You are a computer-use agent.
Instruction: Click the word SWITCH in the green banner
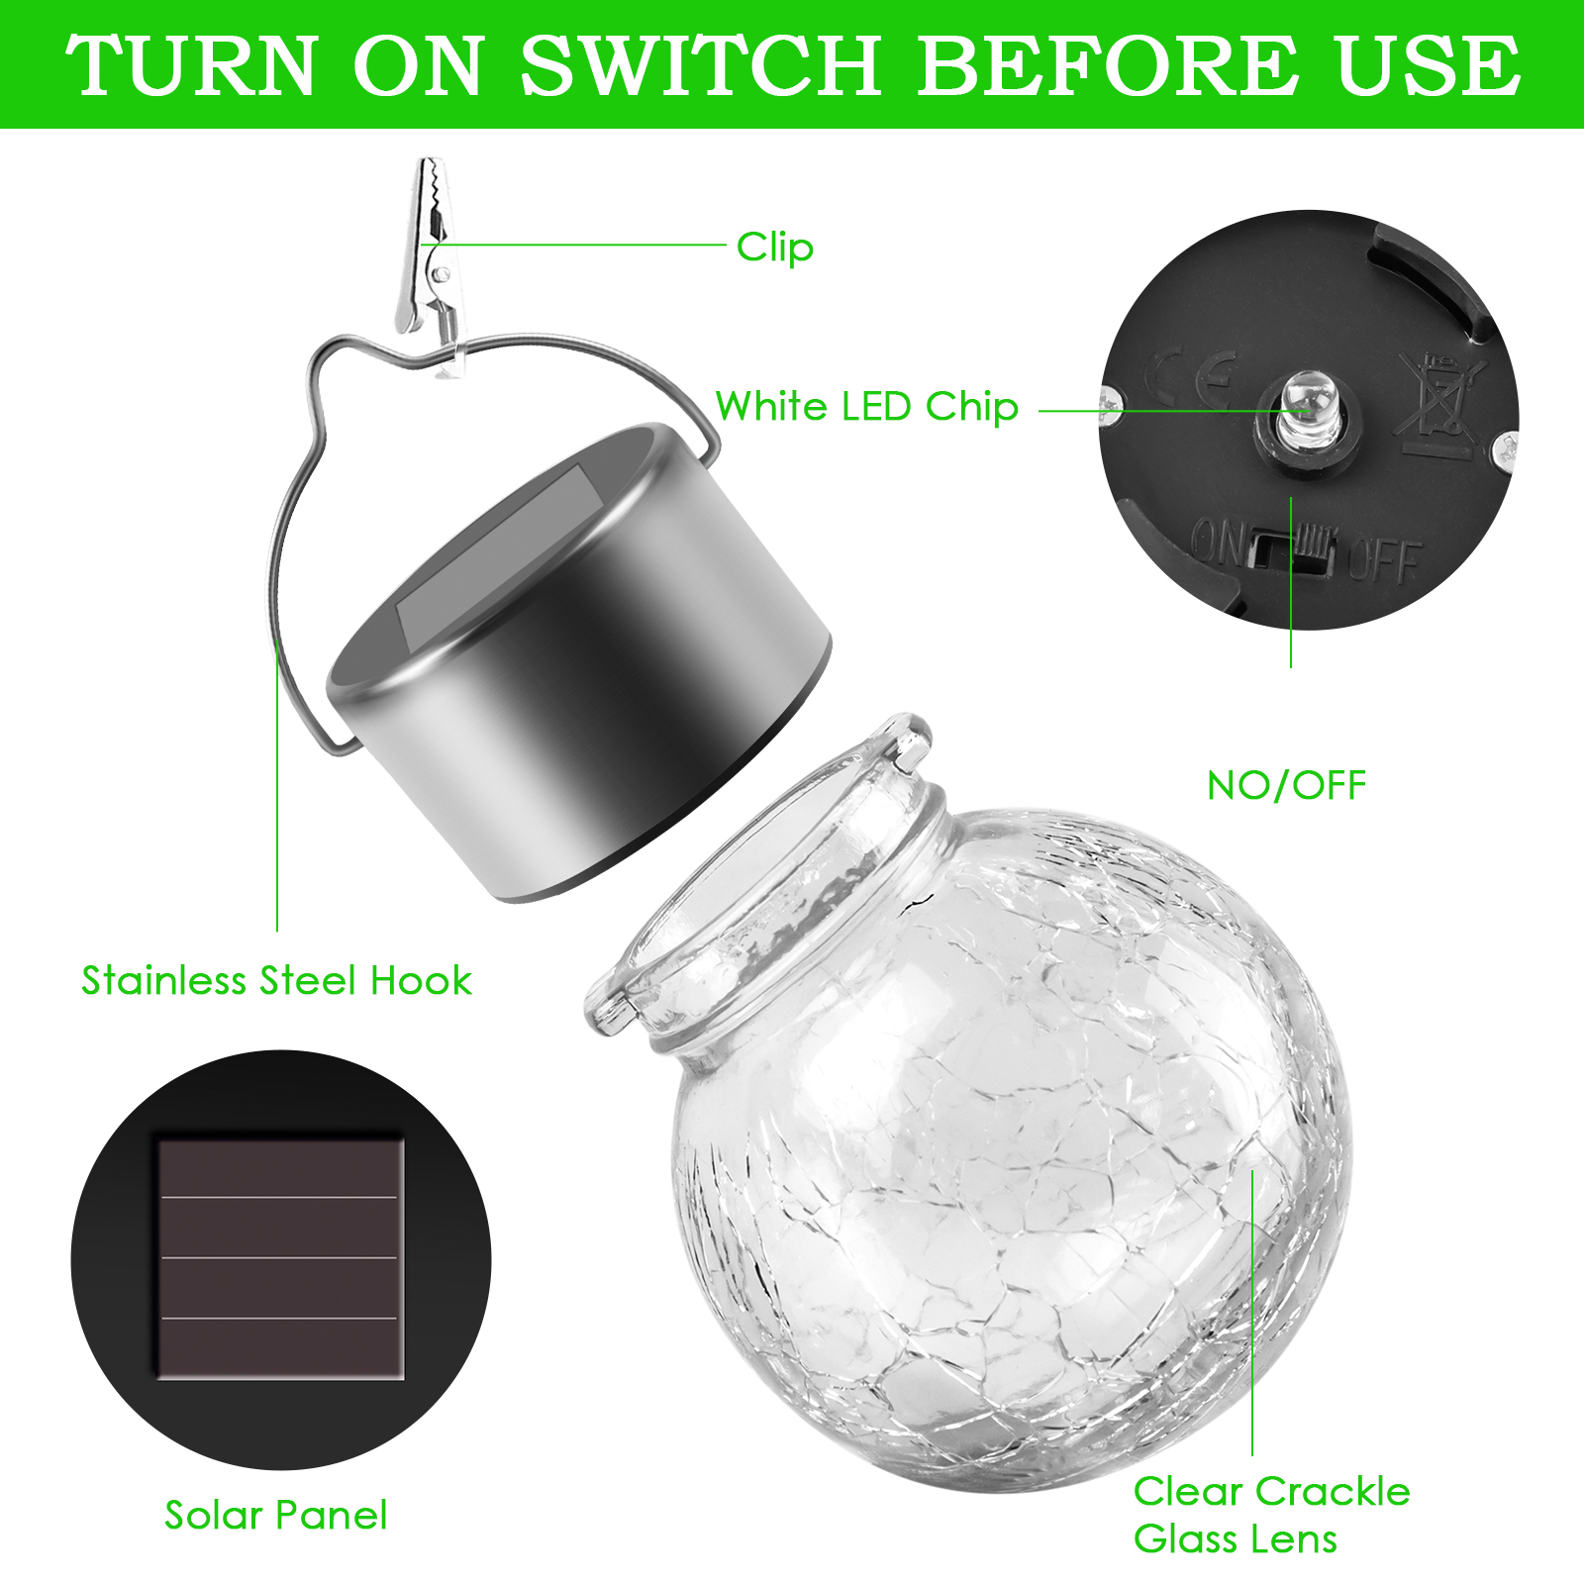(x=701, y=65)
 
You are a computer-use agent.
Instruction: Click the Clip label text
(x=775, y=247)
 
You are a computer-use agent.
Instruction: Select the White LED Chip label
(x=867, y=407)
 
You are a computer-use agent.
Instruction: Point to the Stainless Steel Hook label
(x=277, y=981)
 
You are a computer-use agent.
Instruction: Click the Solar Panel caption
(x=276, y=1516)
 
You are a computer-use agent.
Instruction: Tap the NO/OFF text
(x=1287, y=786)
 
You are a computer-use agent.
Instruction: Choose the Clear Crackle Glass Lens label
(x=1272, y=1515)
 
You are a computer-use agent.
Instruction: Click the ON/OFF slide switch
(x=1292, y=550)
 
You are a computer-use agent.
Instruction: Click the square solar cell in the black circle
(x=281, y=1258)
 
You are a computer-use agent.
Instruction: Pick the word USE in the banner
(x=1430, y=65)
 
